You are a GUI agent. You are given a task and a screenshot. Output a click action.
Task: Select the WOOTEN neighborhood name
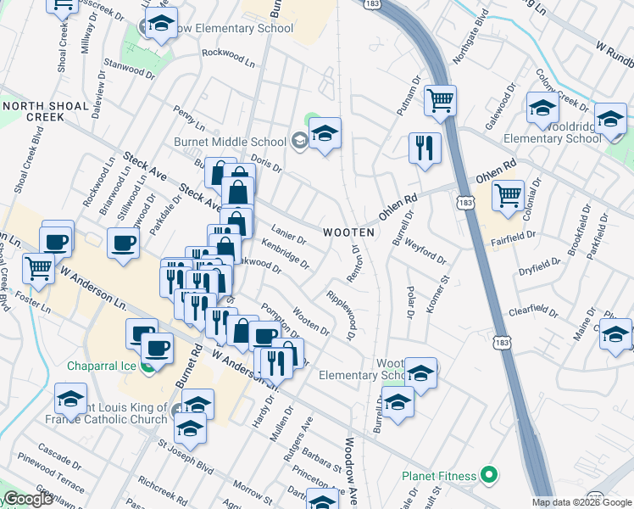pos(348,232)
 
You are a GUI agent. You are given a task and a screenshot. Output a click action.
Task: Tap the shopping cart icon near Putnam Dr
pos(441,101)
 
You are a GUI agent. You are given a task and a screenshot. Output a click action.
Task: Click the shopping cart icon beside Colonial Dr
pos(508,195)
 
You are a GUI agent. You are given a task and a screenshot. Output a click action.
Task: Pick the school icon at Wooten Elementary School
pos(420,372)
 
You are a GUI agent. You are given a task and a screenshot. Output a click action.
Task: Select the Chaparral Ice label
pos(103,366)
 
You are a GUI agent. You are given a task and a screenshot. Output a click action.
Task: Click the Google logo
pos(28,499)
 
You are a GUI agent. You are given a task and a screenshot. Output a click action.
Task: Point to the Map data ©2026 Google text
pos(581,502)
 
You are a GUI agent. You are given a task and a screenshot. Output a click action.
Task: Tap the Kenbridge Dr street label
pos(286,253)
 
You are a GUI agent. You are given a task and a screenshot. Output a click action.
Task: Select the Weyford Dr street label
pos(426,252)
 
